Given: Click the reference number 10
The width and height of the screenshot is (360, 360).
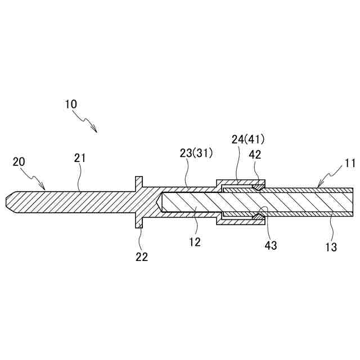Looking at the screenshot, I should (71, 104).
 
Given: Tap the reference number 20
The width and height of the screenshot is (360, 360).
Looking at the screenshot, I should (19, 162).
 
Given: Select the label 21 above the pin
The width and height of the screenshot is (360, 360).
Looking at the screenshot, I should (79, 158).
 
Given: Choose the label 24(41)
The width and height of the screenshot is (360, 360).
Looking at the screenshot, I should (248, 139).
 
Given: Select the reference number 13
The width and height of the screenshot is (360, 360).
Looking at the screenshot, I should (331, 246).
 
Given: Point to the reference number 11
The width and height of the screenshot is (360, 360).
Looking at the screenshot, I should (350, 164).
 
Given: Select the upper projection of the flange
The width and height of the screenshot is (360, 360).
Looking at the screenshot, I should (138, 182).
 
